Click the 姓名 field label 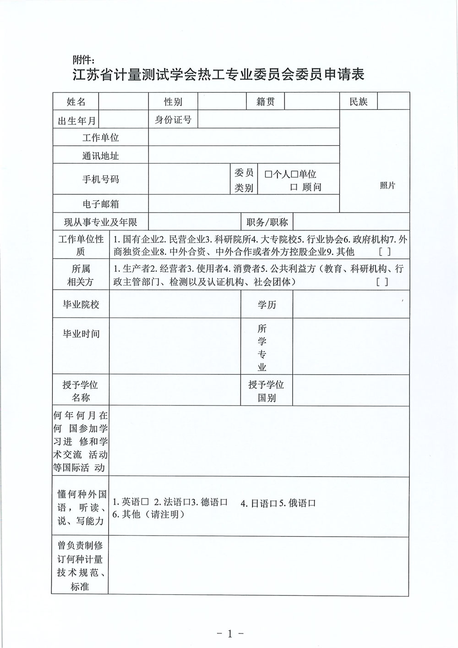pos(76,102)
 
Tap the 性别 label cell pos(173,102)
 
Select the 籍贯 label pos(266,102)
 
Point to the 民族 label pos(359,102)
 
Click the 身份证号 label pos(173,120)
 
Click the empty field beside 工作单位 pos(244,137)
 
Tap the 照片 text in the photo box pos(387,185)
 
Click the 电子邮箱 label pos(101,204)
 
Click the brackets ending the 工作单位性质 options pos(385,252)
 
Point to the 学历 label pos(267,305)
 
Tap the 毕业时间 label pos(81,334)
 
